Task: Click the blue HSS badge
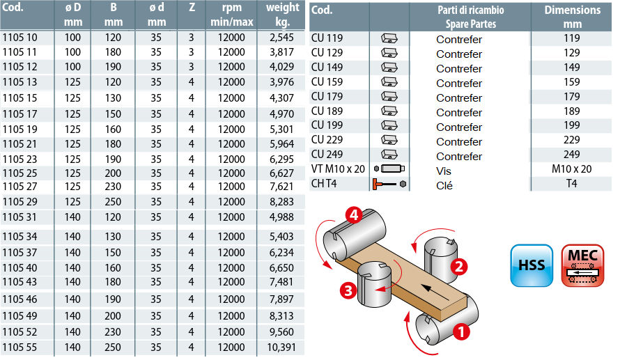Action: pyautogui.click(x=532, y=265)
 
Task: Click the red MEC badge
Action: pyautogui.click(x=582, y=265)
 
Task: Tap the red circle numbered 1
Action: pyautogui.click(x=461, y=331)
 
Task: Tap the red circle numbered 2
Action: pyautogui.click(x=459, y=267)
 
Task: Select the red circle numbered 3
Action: pyautogui.click(x=348, y=290)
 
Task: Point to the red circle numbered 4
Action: pyautogui.click(x=354, y=215)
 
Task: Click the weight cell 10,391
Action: pyautogui.click(x=281, y=347)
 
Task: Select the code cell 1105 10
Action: pyautogui.click(x=20, y=38)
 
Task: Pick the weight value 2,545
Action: pyautogui.click(x=281, y=38)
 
